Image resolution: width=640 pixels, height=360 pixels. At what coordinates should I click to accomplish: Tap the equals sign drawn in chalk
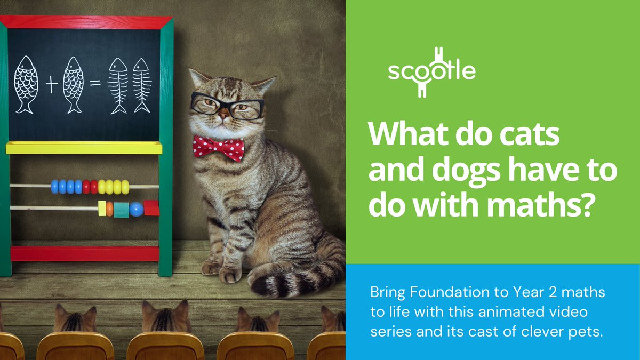click(x=95, y=84)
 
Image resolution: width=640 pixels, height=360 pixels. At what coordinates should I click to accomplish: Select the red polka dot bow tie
click(x=218, y=148)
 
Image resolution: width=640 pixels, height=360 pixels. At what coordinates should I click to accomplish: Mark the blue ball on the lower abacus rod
click(x=136, y=209)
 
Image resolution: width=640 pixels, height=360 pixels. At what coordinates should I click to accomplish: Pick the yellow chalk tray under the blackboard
click(x=84, y=147)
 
